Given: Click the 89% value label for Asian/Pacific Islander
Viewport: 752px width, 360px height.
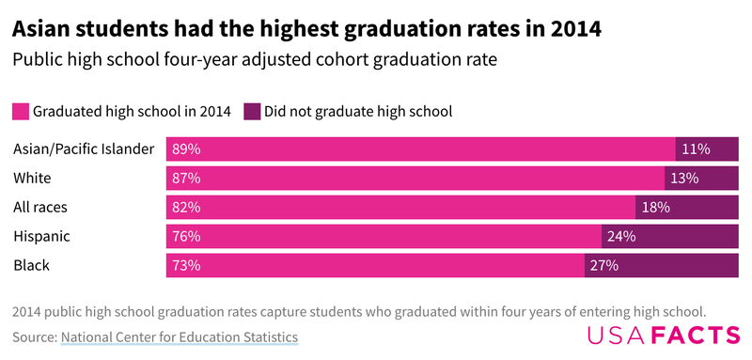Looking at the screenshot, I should tap(186, 149).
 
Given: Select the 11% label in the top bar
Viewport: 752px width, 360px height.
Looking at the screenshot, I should tap(697, 149).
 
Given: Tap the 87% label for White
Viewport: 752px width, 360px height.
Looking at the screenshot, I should tap(186, 178).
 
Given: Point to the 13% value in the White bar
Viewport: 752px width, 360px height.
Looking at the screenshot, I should tap(685, 178).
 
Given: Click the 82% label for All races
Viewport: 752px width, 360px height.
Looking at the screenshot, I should tap(186, 207).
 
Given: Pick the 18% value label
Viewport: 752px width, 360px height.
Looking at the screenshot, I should tap(656, 207).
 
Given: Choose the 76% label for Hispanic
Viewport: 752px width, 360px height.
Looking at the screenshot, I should tap(186, 236).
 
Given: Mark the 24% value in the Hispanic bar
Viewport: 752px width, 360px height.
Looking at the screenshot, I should tap(621, 236).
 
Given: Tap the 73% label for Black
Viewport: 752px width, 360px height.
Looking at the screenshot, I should tap(186, 265).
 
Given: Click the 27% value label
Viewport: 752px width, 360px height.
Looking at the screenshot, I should tap(603, 265).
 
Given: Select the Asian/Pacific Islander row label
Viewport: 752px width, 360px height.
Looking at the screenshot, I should tap(84, 149).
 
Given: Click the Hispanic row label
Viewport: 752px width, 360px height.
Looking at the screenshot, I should tap(42, 236).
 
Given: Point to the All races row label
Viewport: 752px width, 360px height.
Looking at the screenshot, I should tap(40, 207).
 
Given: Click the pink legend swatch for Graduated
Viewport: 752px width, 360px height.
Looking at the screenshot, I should tap(21, 111).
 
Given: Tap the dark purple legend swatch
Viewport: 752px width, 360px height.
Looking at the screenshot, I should tap(252, 111).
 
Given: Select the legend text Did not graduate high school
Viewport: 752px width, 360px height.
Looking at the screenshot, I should tap(358, 111).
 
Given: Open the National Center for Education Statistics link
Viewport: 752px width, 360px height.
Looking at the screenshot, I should tap(179, 337).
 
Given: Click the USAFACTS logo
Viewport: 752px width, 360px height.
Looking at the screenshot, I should tap(663, 336).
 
